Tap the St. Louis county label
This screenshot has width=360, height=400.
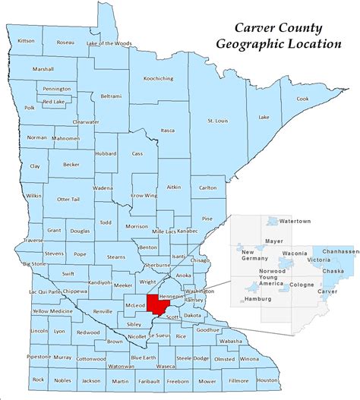pos(219,121)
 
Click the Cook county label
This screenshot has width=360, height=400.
pos(302,99)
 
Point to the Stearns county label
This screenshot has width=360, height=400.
pos(115,258)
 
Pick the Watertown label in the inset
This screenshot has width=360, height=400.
pos(295,221)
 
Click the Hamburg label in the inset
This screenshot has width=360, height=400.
pos(259,299)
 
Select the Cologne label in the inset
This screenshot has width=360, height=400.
pos(301,285)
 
